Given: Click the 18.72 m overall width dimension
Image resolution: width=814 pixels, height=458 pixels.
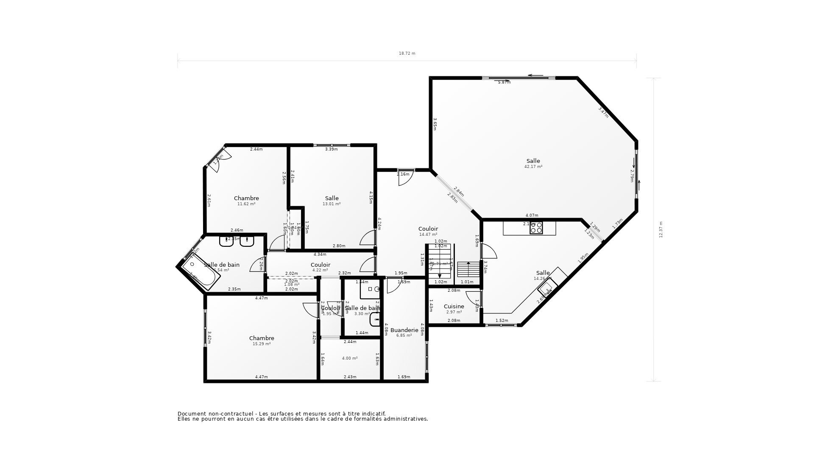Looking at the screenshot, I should pos(407,53).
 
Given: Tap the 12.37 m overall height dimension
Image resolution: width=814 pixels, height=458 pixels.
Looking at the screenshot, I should pos(661,229).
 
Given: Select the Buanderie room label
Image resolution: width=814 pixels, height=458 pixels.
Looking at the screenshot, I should pos(404,330).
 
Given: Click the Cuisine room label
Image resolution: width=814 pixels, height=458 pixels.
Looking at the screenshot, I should pos(454,306).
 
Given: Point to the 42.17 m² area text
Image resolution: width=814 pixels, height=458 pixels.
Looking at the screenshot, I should pos(533,167).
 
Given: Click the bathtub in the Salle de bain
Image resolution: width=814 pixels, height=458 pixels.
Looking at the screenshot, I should pos(201,273).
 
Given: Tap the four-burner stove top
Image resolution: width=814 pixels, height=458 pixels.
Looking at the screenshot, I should pos(536,228).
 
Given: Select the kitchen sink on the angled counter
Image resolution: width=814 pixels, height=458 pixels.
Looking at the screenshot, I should pos(546,289).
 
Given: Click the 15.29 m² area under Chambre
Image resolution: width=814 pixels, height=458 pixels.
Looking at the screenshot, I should pos(261,344).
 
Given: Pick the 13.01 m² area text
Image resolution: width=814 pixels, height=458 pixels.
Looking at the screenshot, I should pos(332,204).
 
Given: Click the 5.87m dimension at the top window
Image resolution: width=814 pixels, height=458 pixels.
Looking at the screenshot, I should pos(504,82).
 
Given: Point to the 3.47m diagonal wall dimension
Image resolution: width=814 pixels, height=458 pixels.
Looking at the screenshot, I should pos(603,112).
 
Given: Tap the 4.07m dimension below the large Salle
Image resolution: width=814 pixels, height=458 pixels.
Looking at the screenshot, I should pos(531,215).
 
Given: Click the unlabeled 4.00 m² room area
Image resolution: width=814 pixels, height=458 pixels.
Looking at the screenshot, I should pos(349,358).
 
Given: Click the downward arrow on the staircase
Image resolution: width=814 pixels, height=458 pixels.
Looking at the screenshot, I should pos(440,276).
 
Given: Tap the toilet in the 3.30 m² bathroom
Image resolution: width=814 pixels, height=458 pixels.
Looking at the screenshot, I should pos(374,319).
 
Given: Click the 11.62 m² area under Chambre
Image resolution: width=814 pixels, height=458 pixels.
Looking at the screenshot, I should pos(246,204).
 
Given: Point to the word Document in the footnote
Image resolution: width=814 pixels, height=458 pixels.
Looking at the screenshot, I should pos(192,413).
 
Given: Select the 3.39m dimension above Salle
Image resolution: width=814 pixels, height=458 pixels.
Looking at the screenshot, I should pos(331,149).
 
